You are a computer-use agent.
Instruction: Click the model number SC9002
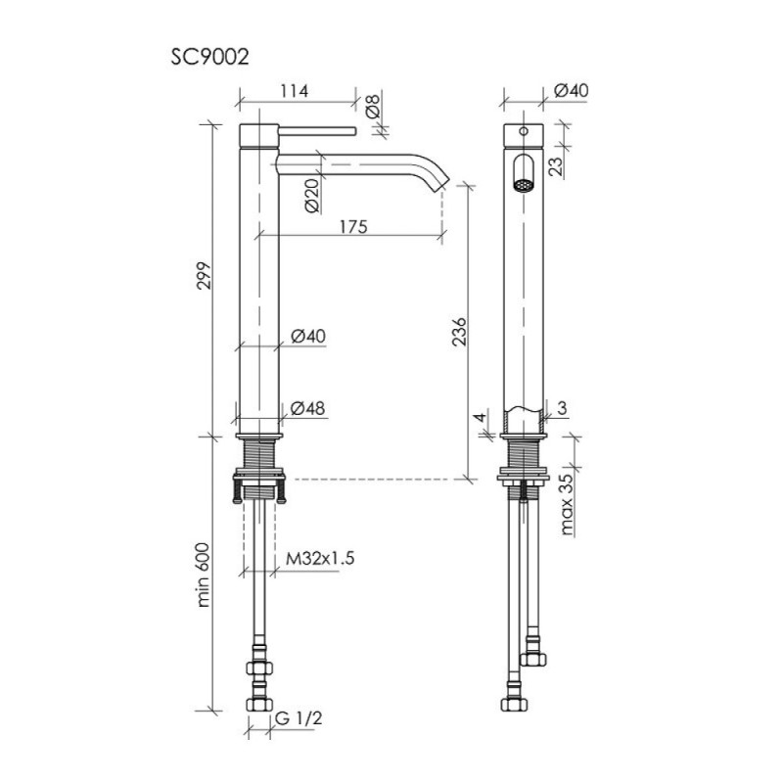click(x=209, y=58)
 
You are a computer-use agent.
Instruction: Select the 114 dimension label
click(x=295, y=91)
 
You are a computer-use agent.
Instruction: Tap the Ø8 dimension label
click(x=373, y=107)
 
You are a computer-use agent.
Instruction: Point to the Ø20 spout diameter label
click(x=312, y=195)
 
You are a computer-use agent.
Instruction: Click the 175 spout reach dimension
click(x=353, y=227)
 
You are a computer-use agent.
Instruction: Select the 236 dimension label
click(x=458, y=331)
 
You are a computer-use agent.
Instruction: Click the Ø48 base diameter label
click(x=307, y=408)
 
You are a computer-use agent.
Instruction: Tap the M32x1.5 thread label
click(x=320, y=558)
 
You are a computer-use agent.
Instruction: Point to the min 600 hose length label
click(x=204, y=575)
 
